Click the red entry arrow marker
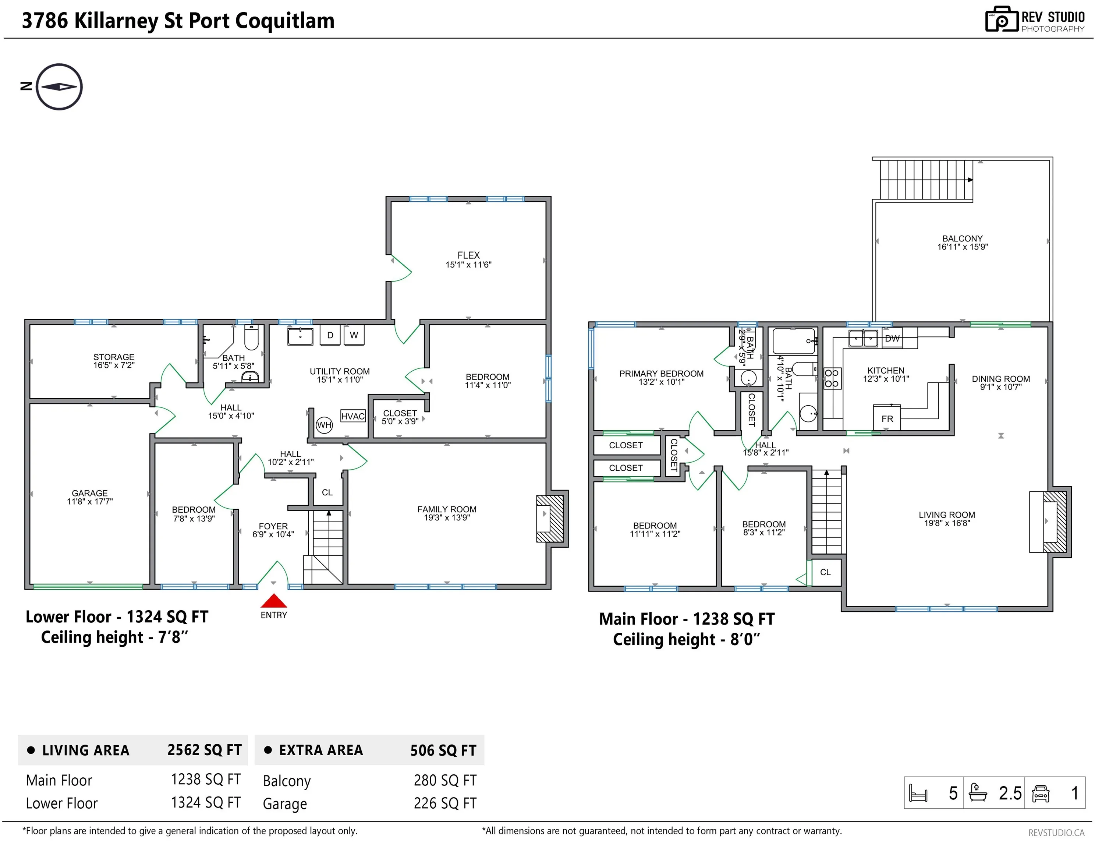(274, 601)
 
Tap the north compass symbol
(59, 87)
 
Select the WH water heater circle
(324, 425)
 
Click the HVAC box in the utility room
(353, 416)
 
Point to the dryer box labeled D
(330, 335)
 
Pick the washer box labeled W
(354, 335)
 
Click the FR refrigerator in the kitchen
(887, 418)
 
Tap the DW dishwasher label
(892, 339)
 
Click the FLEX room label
(468, 255)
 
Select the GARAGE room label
(90, 493)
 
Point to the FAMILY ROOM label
(447, 509)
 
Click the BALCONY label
(962, 239)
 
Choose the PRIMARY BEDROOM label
(661, 374)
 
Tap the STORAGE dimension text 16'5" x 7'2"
(114, 365)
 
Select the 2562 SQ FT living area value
(205, 750)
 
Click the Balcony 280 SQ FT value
(445, 780)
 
